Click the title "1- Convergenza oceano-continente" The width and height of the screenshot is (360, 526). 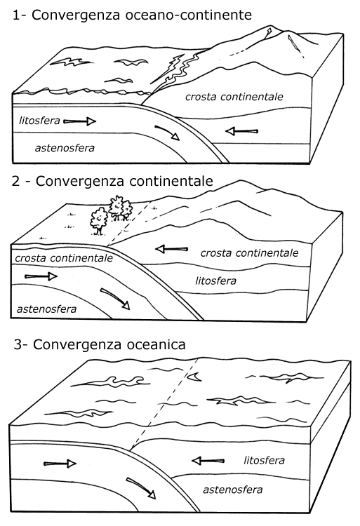[x=132, y=15]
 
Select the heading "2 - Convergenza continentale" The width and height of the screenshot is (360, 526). [x=112, y=181]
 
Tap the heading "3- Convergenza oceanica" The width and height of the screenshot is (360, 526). [x=100, y=344]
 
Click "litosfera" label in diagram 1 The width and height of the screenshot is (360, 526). [x=39, y=121]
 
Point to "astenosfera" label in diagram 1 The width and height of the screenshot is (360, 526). [x=65, y=148]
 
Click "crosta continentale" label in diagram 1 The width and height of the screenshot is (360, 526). [x=234, y=97]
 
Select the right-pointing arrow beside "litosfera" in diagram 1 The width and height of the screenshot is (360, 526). [x=80, y=121]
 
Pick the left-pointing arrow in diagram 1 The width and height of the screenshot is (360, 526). [x=241, y=131]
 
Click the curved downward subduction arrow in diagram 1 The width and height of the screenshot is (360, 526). [x=167, y=133]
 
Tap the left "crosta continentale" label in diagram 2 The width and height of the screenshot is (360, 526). [x=64, y=258]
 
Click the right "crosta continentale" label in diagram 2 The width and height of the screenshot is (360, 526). [x=249, y=252]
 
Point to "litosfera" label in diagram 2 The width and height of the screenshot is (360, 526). [x=215, y=281]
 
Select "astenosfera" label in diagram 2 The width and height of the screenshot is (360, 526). [x=46, y=309]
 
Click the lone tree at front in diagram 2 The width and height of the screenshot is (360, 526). [x=99, y=221]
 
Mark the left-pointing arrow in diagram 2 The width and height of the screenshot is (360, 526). [x=171, y=249]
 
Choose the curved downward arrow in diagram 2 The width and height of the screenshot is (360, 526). [x=116, y=298]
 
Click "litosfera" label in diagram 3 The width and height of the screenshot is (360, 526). [x=265, y=460]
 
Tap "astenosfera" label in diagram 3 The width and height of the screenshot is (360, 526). [x=232, y=490]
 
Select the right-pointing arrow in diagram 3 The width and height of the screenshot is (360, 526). [x=60, y=464]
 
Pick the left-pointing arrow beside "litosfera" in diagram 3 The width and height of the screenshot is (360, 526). [x=208, y=461]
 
